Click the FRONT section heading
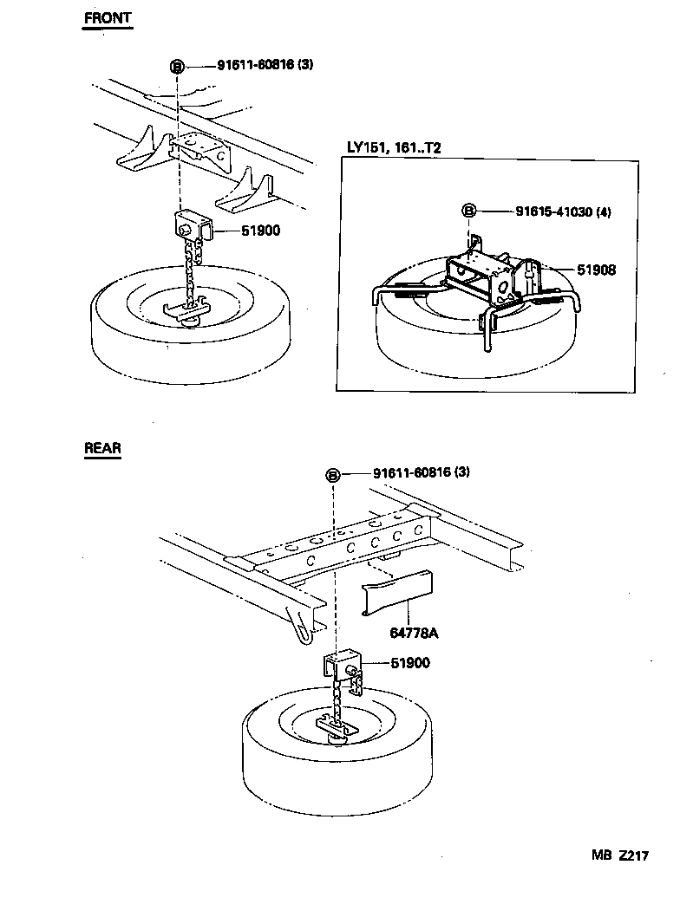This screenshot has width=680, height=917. tap(107, 17)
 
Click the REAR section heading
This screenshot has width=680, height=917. tap(102, 448)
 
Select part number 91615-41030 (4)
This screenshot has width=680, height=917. tap(562, 211)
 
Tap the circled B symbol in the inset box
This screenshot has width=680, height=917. tap(467, 211)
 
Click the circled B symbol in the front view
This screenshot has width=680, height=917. tap(177, 66)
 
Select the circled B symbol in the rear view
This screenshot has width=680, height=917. tap(332, 474)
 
